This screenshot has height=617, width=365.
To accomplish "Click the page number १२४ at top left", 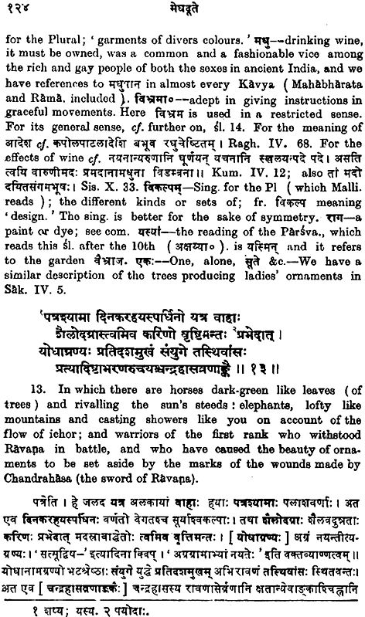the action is (x=21, y=9).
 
